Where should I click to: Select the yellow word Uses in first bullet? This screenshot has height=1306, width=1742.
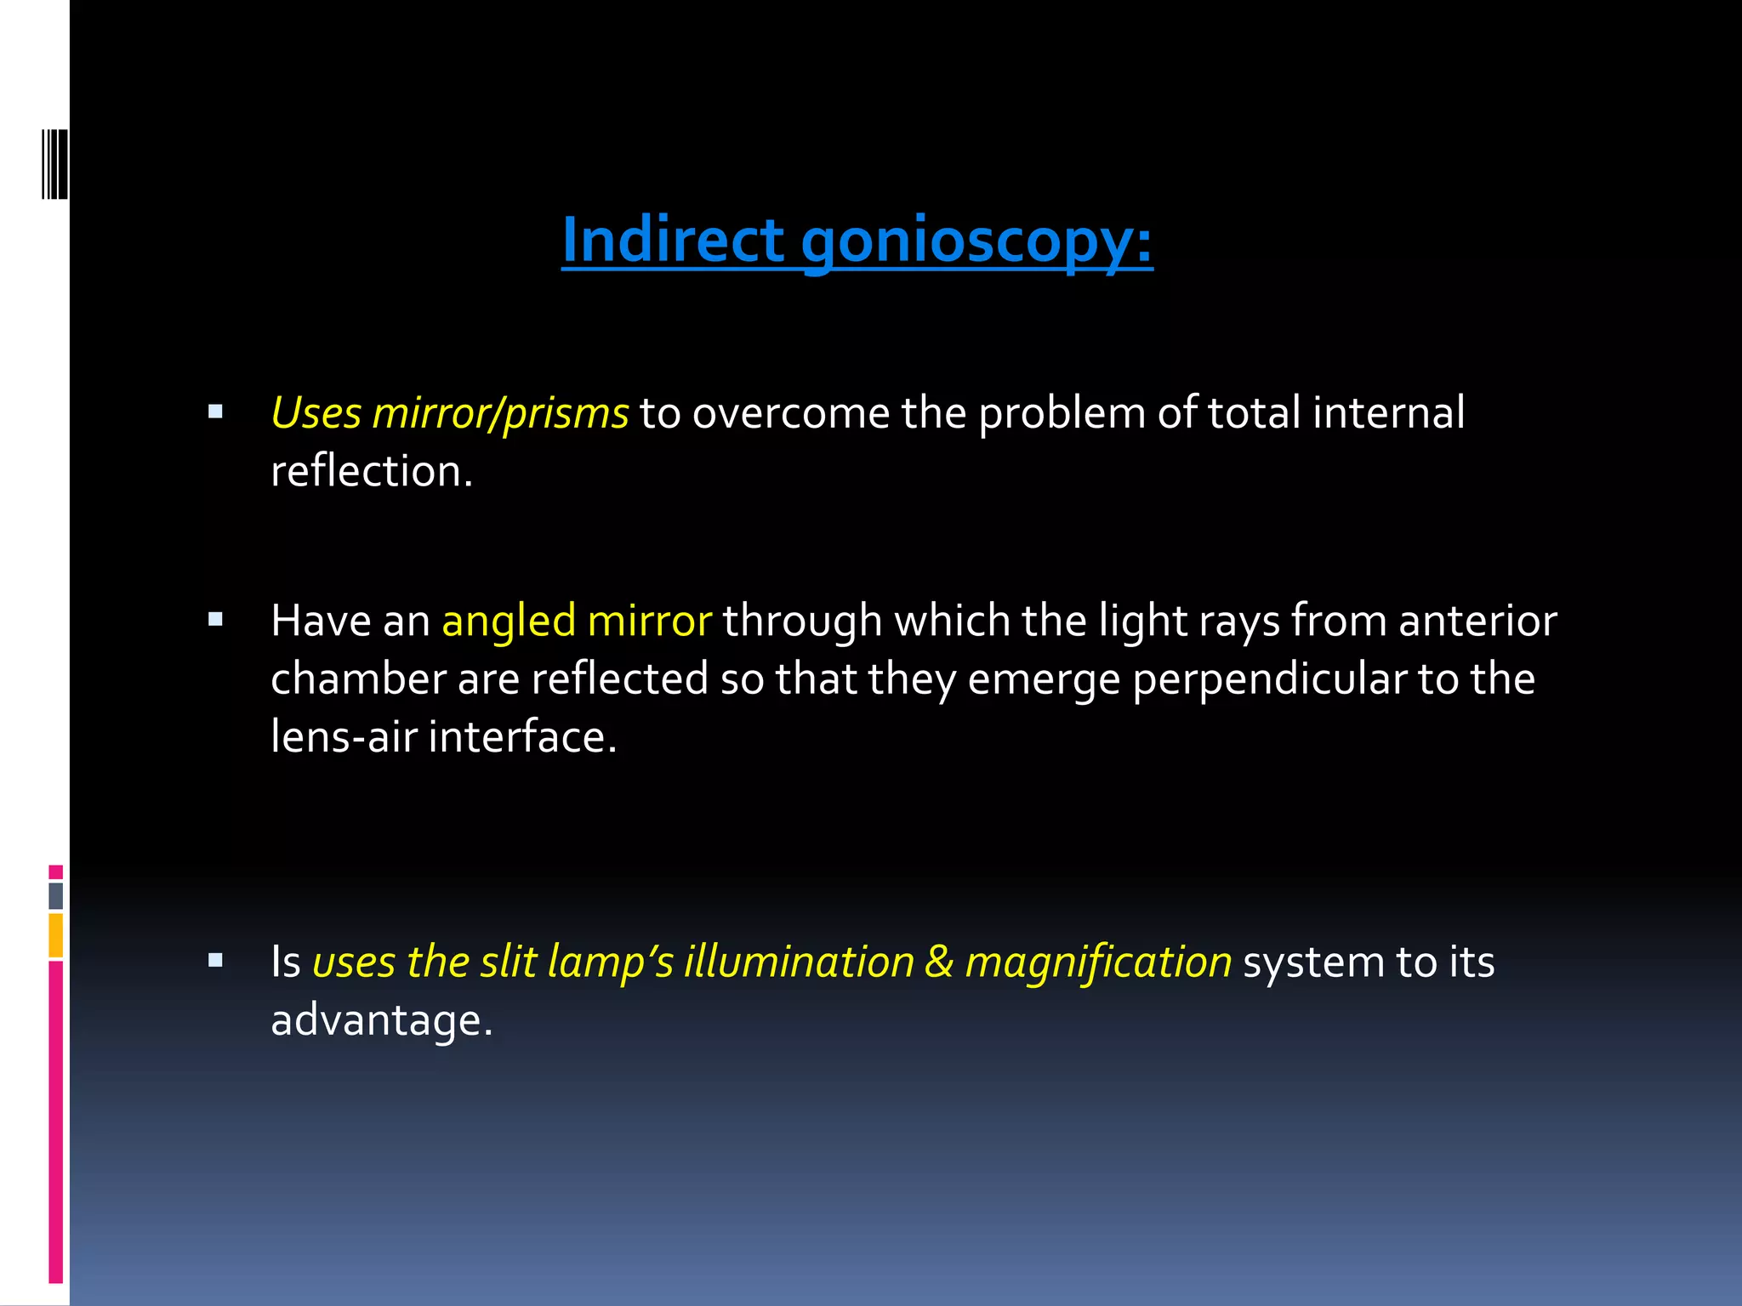[x=316, y=413]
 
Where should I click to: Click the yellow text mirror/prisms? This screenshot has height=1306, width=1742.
[x=500, y=413]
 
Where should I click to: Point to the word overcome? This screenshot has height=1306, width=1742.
[x=791, y=413]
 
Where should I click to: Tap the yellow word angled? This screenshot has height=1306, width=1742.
[x=508, y=621]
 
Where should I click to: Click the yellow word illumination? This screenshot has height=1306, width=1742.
[x=799, y=962]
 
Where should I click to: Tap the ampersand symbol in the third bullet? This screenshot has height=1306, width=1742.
[x=938, y=962]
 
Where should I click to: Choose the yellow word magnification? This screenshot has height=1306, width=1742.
[x=1097, y=962]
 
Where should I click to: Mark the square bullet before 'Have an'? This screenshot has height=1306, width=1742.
[x=215, y=620]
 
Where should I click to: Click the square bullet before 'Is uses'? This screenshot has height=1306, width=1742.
[x=215, y=961]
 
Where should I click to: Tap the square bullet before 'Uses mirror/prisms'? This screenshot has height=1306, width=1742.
[x=215, y=412]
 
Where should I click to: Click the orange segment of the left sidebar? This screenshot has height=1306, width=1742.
[x=55, y=935]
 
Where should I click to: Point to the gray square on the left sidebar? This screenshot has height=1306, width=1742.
[x=55, y=895]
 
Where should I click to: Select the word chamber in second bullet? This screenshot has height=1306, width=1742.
[x=358, y=679]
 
